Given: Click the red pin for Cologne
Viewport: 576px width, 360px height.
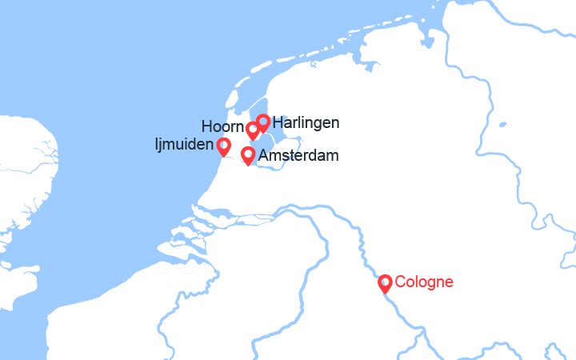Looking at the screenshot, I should pos(385,282).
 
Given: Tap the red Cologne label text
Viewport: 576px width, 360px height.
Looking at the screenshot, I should pos(424,282).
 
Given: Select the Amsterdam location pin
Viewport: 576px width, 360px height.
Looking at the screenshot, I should pos(248,154).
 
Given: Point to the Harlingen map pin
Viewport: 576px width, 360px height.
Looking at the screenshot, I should pos(262,122).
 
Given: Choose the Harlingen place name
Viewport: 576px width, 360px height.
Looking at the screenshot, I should pos(306,122).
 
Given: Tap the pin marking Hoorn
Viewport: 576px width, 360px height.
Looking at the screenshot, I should pos(253,129).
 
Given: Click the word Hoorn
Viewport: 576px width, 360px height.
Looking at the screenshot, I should pos(222,127).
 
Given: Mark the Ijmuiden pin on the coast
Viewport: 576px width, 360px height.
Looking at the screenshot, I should pos(224,146).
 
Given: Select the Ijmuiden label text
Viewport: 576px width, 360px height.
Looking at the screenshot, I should pos(184,145).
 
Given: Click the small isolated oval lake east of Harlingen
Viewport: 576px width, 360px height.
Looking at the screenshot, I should pos(502,125).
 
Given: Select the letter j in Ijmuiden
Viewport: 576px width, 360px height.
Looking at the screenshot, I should pos(160,146).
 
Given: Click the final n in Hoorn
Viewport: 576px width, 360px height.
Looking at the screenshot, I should pos(240,127).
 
